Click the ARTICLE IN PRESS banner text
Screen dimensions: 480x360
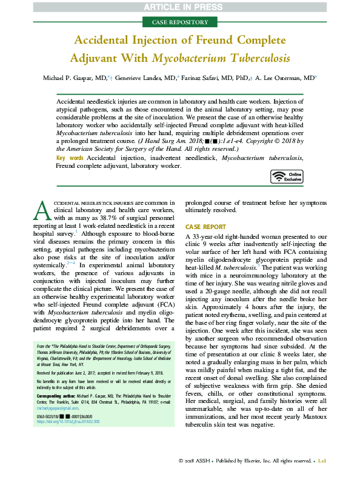179,7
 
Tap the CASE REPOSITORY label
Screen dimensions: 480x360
179,22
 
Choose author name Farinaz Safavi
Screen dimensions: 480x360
212,78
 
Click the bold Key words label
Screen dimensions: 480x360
70,157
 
